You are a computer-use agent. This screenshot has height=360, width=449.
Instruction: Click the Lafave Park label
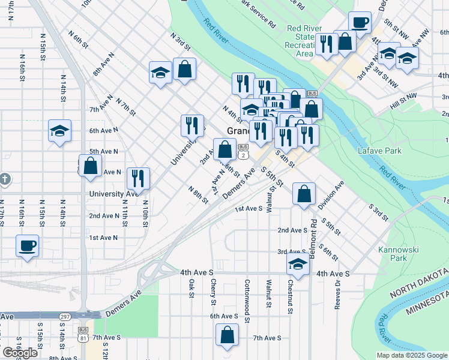(382, 151)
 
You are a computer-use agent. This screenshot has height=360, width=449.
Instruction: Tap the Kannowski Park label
(393, 254)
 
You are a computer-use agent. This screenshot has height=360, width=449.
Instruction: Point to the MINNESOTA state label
(427, 304)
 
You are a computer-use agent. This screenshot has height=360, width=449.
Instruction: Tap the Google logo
(19, 353)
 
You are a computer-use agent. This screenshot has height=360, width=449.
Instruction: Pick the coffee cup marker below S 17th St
(28, 246)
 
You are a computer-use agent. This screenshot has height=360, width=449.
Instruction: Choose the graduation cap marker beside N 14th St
(60, 131)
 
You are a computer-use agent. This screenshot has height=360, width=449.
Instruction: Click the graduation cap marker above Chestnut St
(298, 264)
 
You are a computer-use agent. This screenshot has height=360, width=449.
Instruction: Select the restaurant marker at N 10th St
(138, 178)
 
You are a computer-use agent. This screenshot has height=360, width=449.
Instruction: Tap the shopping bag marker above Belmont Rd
(304, 194)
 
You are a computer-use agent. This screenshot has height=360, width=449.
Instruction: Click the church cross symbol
(5, 179)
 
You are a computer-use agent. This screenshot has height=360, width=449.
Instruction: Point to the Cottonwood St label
(247, 296)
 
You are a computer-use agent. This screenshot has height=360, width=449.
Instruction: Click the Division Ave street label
(331, 195)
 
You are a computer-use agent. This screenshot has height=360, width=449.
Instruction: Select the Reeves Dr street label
(338, 295)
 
